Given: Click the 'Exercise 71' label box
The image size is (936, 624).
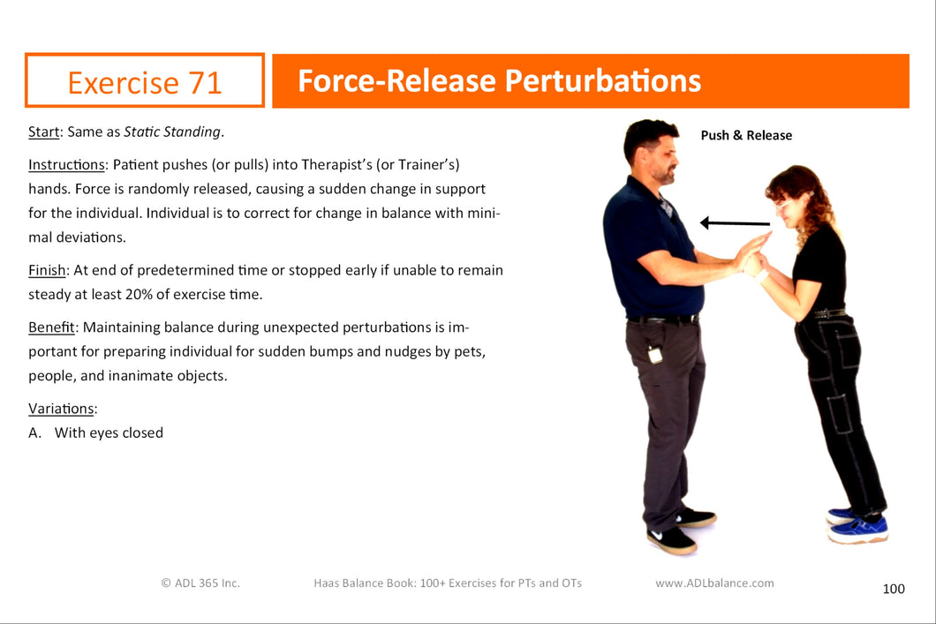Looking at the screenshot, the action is [145, 80].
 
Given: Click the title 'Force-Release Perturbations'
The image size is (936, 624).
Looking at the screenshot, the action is [499, 80].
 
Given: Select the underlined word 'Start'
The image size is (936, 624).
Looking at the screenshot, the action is [43, 132].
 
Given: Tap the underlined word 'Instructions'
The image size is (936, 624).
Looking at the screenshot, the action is [66, 165].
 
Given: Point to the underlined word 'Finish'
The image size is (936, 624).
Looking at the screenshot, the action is [47, 270].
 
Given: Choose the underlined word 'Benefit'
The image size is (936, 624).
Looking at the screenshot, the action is [51, 327].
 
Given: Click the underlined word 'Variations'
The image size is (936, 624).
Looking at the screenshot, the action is [61, 409].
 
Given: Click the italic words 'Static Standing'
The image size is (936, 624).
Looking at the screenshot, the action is [172, 132].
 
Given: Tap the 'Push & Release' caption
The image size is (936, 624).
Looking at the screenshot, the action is [746, 135].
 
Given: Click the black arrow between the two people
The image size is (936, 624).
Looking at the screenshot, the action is [735, 223].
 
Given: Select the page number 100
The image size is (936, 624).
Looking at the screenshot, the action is [894, 589].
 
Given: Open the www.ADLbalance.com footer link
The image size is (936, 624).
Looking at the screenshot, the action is [714, 583].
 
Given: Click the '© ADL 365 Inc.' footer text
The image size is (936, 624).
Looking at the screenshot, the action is [200, 583].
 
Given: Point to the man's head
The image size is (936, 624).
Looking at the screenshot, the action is [652, 149].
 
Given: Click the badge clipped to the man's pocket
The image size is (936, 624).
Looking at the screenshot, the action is [655, 354].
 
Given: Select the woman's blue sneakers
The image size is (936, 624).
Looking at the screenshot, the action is [857, 525].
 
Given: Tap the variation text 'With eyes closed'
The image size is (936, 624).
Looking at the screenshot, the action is [109, 433].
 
